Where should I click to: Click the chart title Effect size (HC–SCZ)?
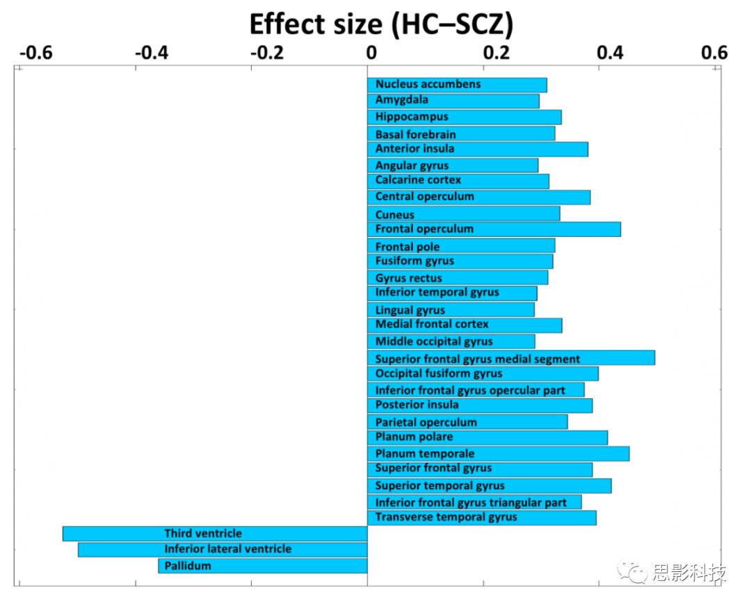(x=381, y=24)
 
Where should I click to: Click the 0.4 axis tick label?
(x=610, y=54)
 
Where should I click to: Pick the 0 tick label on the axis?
(x=371, y=54)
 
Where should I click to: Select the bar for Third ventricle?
(x=215, y=534)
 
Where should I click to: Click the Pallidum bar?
(x=263, y=566)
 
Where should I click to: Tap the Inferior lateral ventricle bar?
(x=223, y=550)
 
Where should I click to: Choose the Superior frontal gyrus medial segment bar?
(x=511, y=359)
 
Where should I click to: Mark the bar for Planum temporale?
(x=498, y=454)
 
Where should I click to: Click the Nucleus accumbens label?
(x=428, y=84)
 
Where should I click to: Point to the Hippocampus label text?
(x=412, y=117)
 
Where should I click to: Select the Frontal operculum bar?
(x=494, y=229)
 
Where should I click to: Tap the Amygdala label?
(x=402, y=100)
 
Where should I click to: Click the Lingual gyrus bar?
(x=451, y=310)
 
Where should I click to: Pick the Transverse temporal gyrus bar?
(x=481, y=518)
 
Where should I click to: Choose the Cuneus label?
(x=395, y=215)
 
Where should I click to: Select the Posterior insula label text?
(x=417, y=405)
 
